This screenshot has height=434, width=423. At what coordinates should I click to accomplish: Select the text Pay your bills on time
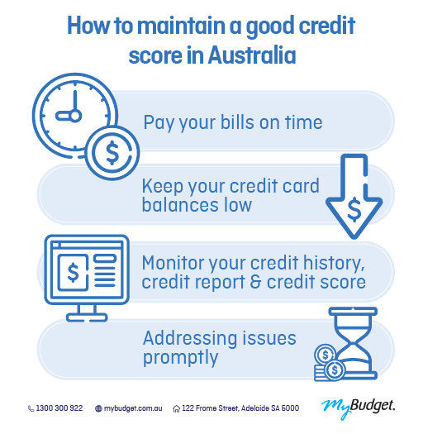coord(232,123)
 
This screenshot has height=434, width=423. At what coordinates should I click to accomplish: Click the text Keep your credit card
coord(231,186)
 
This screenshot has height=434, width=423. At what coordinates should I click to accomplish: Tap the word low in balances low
coord(237,204)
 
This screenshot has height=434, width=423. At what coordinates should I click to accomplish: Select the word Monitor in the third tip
coord(175,263)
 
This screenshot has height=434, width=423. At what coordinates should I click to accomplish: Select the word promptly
coord(180,358)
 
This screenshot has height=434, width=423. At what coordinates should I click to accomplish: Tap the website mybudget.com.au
coord(132,408)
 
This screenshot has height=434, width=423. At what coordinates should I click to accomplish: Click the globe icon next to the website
coord(99,408)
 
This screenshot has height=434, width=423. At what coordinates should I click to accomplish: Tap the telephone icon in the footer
coord(31,408)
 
